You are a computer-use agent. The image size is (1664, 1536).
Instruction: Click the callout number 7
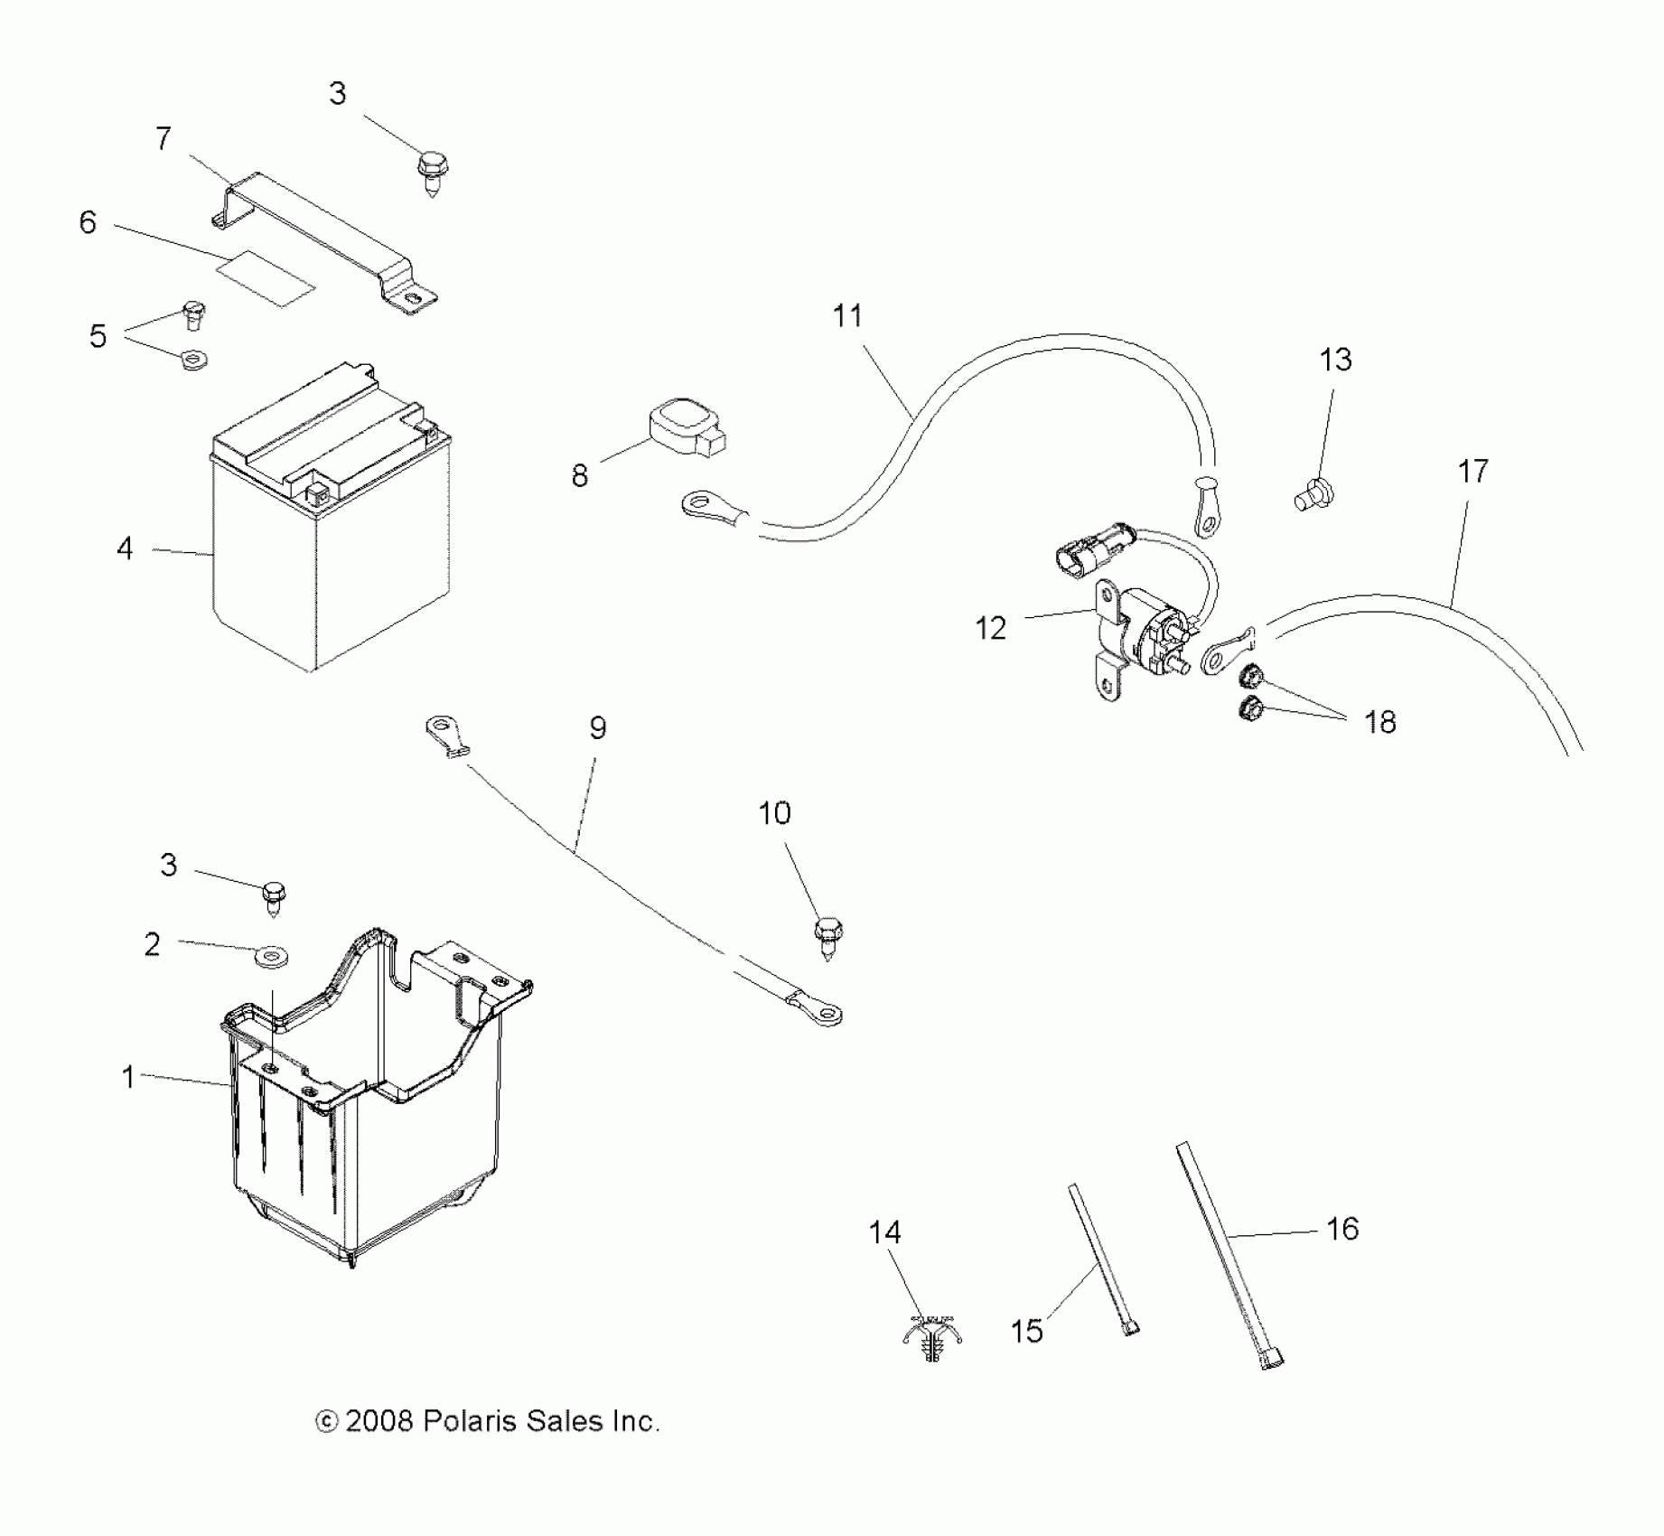(x=163, y=139)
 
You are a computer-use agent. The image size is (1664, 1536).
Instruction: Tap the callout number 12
(x=990, y=628)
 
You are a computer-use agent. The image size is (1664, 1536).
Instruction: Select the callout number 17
(x=1472, y=471)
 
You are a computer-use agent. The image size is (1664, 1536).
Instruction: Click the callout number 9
(x=598, y=727)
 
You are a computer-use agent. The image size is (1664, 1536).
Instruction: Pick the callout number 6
(x=88, y=222)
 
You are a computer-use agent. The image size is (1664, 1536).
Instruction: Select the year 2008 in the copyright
(x=378, y=1421)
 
